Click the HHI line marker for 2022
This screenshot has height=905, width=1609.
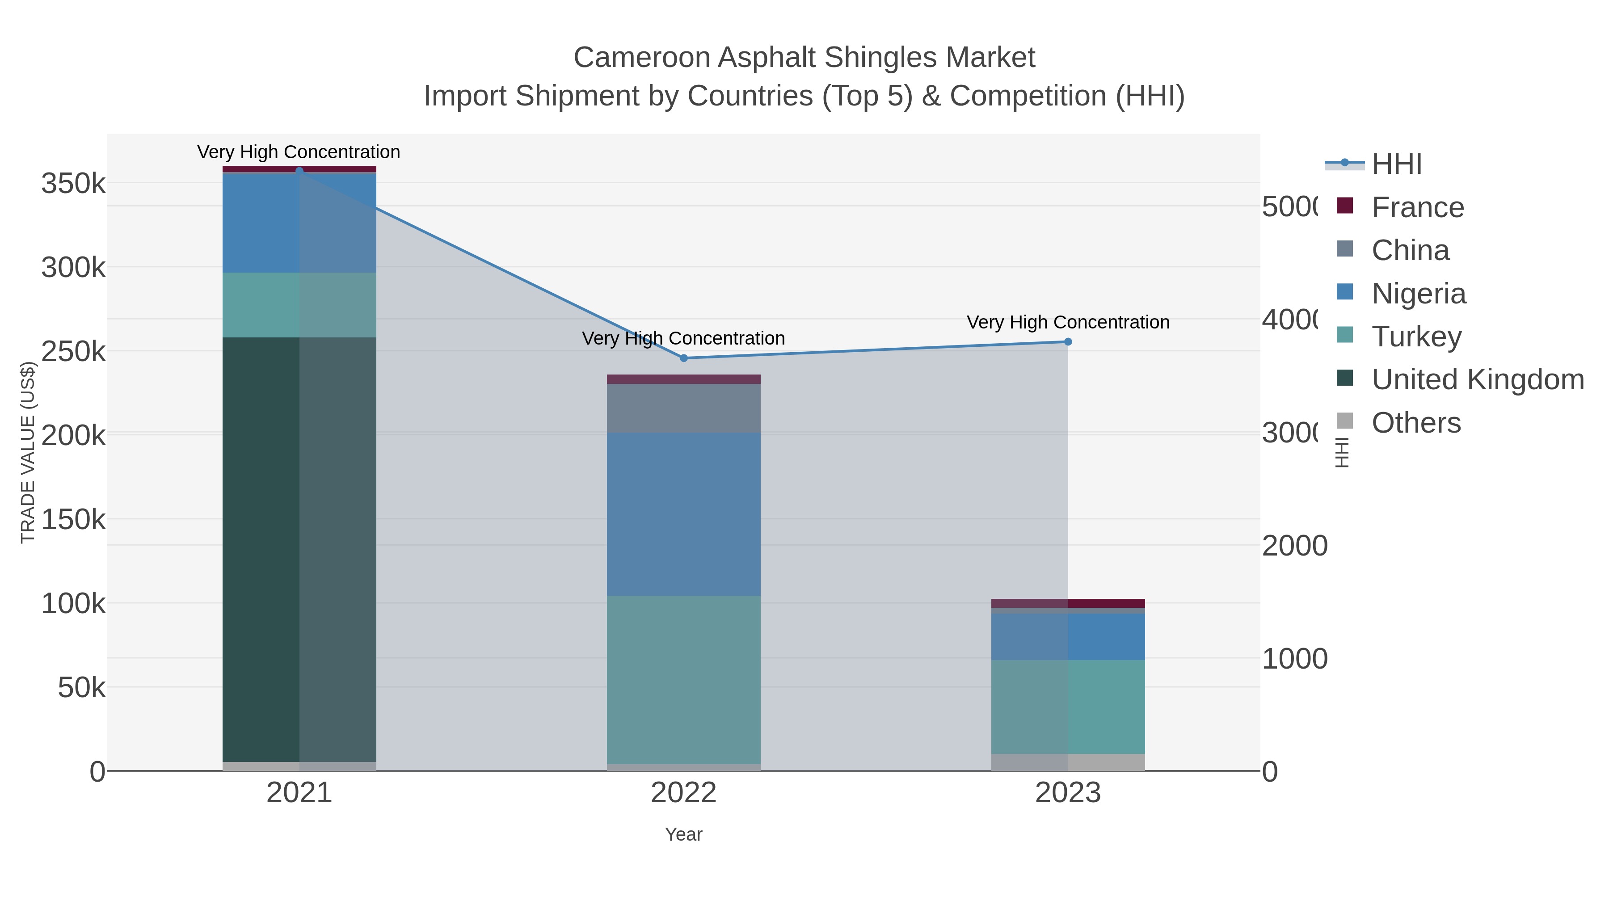pyautogui.click(x=683, y=358)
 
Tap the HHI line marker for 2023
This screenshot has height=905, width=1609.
pyautogui.click(x=1067, y=341)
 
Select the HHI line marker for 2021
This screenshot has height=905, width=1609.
pyautogui.click(x=299, y=171)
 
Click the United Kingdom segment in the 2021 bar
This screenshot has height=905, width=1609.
pyautogui.click(x=299, y=550)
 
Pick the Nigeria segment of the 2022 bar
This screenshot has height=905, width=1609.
pyautogui.click(x=683, y=514)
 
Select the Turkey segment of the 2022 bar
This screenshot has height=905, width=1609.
pyautogui.click(x=683, y=679)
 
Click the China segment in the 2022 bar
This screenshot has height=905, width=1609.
pyautogui.click(x=683, y=408)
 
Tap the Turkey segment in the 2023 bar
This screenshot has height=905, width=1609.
pyautogui.click(x=1067, y=707)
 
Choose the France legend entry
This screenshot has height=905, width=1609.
pyautogui.click(x=1417, y=207)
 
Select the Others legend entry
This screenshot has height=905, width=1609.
pyautogui.click(x=1415, y=423)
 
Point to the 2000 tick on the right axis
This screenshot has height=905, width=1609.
pyautogui.click(x=1294, y=546)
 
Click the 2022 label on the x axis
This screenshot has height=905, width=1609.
pyautogui.click(x=683, y=793)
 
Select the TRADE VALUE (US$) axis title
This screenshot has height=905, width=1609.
pyautogui.click(x=27, y=452)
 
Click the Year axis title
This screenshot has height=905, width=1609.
pyautogui.click(x=683, y=834)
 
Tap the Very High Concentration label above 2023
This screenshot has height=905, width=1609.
pyautogui.click(x=1067, y=322)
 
